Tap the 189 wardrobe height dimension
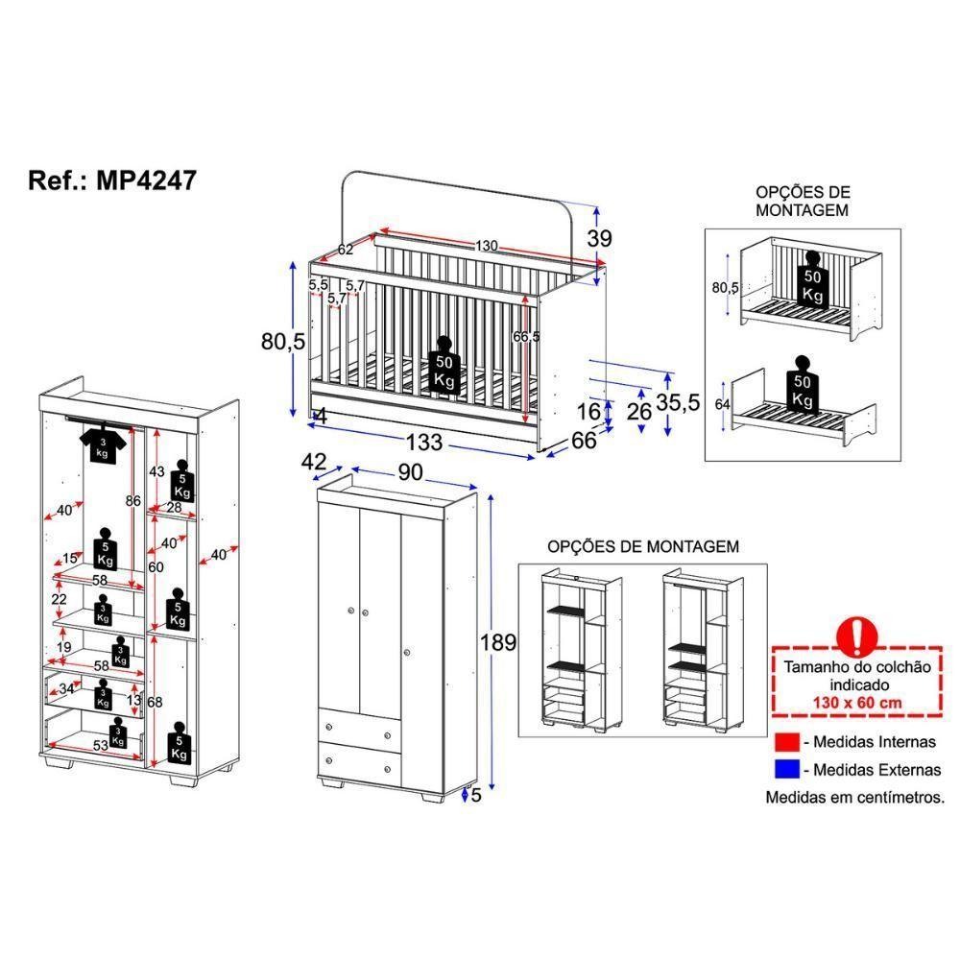click(499, 642)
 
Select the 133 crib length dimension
click(423, 443)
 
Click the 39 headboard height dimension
click(599, 239)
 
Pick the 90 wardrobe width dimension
click(411, 471)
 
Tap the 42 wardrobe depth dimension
click(314, 461)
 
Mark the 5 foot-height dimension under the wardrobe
click(475, 794)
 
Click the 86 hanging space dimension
click(133, 500)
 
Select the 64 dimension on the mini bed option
click(722, 404)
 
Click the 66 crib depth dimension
click(585, 441)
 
